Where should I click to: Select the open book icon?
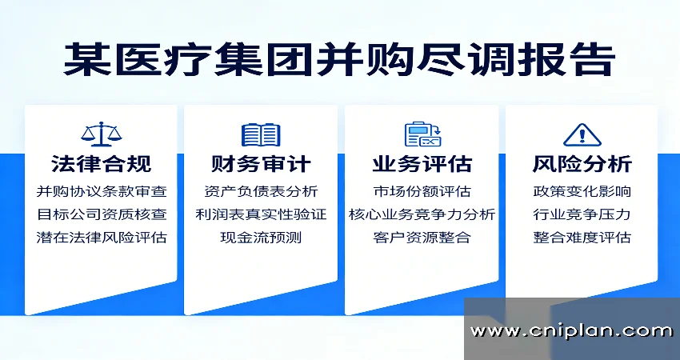pos(261,134)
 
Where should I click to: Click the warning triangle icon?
pos(582,134)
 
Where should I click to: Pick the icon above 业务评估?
pos(422,134)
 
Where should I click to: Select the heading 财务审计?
pos(261,165)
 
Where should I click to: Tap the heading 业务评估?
pos(422,165)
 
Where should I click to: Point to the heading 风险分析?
pos(582,165)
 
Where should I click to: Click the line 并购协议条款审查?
pos(101,192)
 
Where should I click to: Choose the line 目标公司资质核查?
pos(101,214)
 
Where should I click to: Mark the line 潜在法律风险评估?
pos(101,238)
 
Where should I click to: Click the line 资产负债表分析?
pos(261,192)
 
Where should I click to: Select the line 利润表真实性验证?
pos(261,214)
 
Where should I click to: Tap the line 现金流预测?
pos(261,238)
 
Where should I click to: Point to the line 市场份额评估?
pos(422,192)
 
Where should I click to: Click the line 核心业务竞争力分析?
pos(422,214)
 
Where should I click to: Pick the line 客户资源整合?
pos(422,238)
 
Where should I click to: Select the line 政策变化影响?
pos(582,192)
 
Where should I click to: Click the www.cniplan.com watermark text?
pos(571,330)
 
